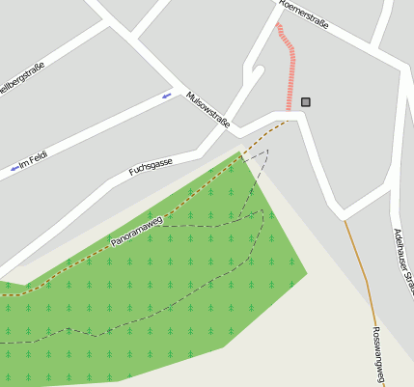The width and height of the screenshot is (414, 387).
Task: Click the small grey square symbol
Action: tap(306, 101)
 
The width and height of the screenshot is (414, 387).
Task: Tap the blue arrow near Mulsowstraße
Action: tap(167, 96)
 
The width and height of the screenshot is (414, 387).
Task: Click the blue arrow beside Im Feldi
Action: tap(14, 169)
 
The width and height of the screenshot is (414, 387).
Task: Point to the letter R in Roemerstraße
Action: tap(281, 3)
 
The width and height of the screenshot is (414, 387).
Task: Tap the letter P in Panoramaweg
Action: tap(114, 242)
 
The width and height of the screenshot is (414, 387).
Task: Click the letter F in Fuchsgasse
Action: tap(132, 174)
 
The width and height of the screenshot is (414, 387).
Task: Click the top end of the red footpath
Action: tap(279, 26)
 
